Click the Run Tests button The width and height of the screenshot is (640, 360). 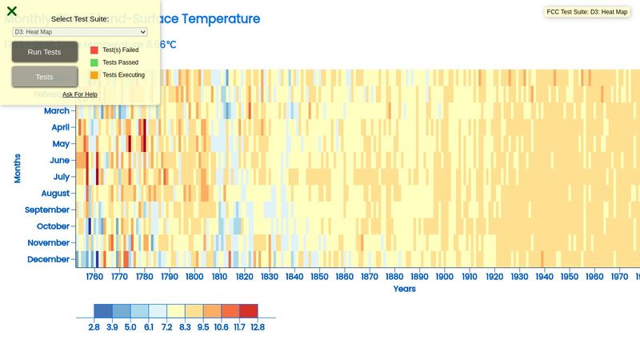click(44, 52)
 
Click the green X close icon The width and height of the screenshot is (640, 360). click(12, 11)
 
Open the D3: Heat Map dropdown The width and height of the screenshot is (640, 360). click(79, 32)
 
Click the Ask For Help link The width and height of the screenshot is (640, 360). click(80, 94)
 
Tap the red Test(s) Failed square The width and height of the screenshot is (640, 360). click(94, 50)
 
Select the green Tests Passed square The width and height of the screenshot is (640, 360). click(94, 62)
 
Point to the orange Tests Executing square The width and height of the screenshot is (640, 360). click(94, 75)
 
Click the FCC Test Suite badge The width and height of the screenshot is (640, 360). click(586, 12)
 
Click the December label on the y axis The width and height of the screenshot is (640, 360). click(48, 259)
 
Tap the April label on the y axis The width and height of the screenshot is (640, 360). click(60, 127)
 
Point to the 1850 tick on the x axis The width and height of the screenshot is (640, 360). click(319, 277)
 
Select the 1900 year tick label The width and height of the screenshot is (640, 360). click(444, 277)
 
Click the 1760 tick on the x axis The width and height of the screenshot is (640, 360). click(94, 277)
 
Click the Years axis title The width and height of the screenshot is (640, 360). click(404, 289)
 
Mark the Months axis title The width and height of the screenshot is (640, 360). click(18, 168)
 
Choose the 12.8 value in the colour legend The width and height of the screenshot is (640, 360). click(256, 326)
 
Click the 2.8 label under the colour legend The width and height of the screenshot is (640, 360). click(94, 326)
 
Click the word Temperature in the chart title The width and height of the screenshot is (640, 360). click(220, 18)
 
